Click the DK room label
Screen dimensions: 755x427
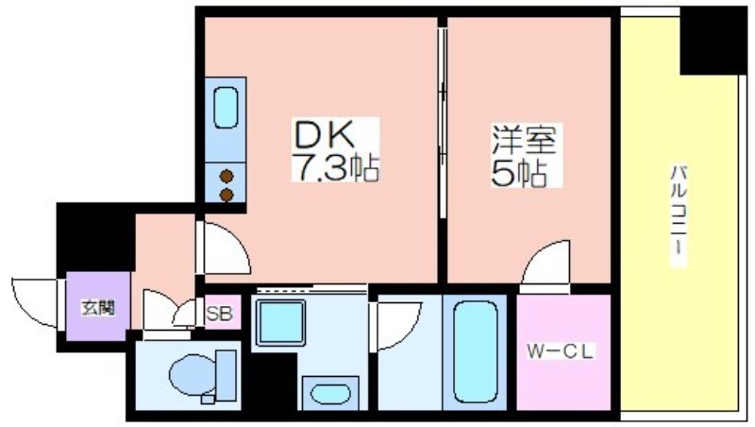[324, 134]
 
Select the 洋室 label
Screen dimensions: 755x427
[524, 140]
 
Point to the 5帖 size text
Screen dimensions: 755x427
[518, 173]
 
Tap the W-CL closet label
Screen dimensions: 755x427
[560, 351]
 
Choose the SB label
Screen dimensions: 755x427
[219, 314]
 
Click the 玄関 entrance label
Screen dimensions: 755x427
[98, 307]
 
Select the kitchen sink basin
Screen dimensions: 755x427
[226, 108]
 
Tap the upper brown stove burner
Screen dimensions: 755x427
[226, 177]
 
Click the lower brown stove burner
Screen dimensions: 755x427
[226, 196]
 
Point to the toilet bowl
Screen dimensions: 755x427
[193, 374]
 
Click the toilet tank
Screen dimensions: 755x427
[226, 375]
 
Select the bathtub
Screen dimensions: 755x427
[476, 351]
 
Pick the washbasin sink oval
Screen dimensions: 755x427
[330, 394]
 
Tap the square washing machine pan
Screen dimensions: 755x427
[280, 322]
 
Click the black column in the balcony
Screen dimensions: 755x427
[713, 41]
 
